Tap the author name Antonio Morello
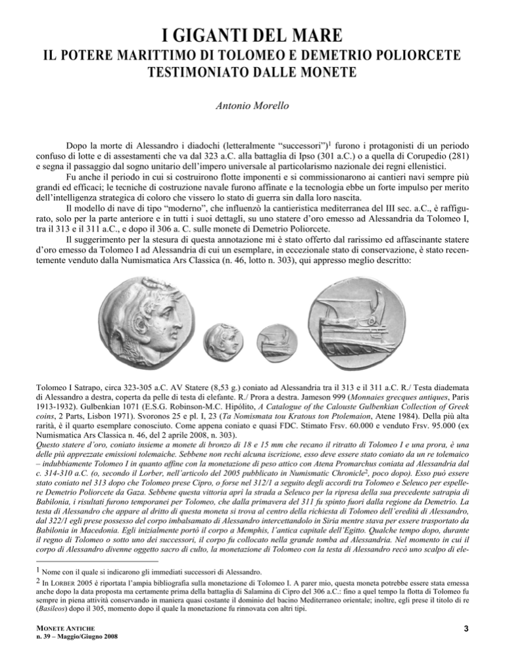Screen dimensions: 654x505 pyautogui.click(x=252, y=105)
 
